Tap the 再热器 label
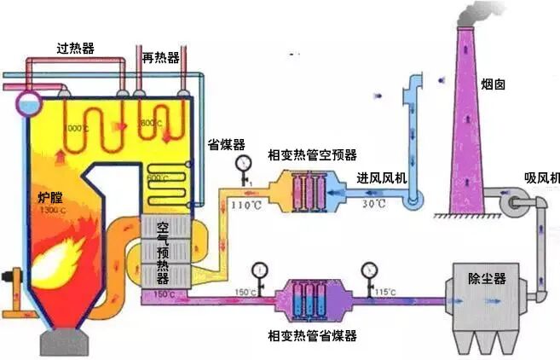[x=162, y=57]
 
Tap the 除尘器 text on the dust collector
[x=487, y=279]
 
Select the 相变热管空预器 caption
[x=312, y=154]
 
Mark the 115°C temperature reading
[x=384, y=292]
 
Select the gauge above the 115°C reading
[x=369, y=270]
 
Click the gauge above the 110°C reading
[x=245, y=164]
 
